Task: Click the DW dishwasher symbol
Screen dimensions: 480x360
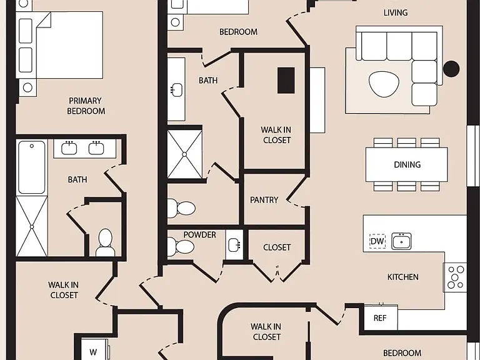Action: click(x=377, y=241)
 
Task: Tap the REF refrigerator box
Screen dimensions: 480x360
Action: click(x=381, y=317)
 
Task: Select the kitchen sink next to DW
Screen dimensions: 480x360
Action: click(x=401, y=241)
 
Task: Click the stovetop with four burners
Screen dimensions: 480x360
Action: click(x=455, y=277)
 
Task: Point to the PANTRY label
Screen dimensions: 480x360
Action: click(x=264, y=200)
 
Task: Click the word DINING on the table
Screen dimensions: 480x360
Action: click(x=407, y=165)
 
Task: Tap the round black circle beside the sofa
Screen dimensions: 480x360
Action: click(x=451, y=69)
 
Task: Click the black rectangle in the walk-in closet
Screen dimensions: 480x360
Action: click(x=286, y=81)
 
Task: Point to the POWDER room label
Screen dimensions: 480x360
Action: click(x=199, y=235)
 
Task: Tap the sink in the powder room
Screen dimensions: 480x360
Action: click(x=234, y=245)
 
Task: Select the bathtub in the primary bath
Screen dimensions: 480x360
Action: click(x=31, y=167)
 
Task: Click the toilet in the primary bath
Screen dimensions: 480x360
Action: click(x=105, y=242)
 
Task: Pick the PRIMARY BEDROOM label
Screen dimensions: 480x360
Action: click(x=86, y=106)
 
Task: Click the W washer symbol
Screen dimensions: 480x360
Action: click(x=93, y=352)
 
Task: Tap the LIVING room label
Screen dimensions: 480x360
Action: click(x=396, y=13)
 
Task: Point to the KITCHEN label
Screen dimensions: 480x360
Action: click(x=403, y=277)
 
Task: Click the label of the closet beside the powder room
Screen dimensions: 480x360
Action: click(x=277, y=247)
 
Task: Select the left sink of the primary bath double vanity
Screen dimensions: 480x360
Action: click(x=69, y=148)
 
